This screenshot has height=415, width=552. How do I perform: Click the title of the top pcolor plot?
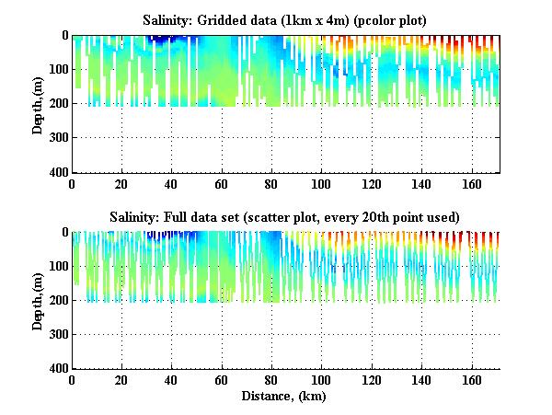(284, 19)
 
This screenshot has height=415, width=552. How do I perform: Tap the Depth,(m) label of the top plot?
(38, 103)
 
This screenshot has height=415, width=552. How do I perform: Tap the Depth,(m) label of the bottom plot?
(38, 300)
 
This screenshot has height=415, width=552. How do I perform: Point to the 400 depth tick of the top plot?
(60, 172)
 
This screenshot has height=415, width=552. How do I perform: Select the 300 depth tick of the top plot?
(60, 138)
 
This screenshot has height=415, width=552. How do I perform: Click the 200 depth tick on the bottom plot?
(60, 300)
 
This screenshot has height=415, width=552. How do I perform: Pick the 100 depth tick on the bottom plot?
(60, 266)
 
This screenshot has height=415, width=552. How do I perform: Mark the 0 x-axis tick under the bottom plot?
(73, 380)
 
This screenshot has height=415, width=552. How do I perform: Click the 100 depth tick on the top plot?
(60, 70)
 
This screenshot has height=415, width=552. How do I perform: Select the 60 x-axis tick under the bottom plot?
(223, 380)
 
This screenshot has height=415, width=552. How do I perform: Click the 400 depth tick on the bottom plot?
(60, 368)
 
